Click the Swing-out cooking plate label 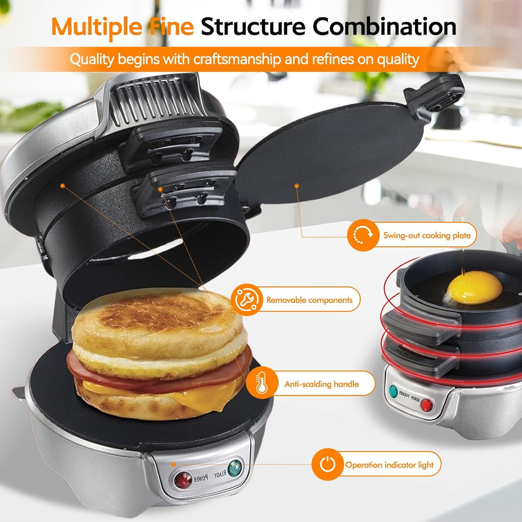pos(426,236)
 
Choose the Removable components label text pos(309,300)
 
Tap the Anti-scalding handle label pos(321,384)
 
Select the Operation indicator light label pos(389,465)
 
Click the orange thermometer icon pos(261,384)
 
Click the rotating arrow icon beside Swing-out pos(362,235)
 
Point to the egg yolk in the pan pos(474,287)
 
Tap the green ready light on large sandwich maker pos(235,468)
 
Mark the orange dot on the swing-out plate pos(296,185)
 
